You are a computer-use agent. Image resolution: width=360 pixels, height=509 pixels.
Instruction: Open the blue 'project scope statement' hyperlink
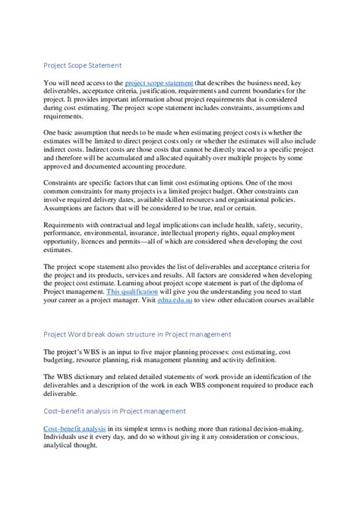tap(159, 82)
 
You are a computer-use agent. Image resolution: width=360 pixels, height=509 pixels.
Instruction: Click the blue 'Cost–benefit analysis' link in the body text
tap(74, 428)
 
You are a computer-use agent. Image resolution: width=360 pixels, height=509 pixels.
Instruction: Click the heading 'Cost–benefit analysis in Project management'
tap(115, 411)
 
